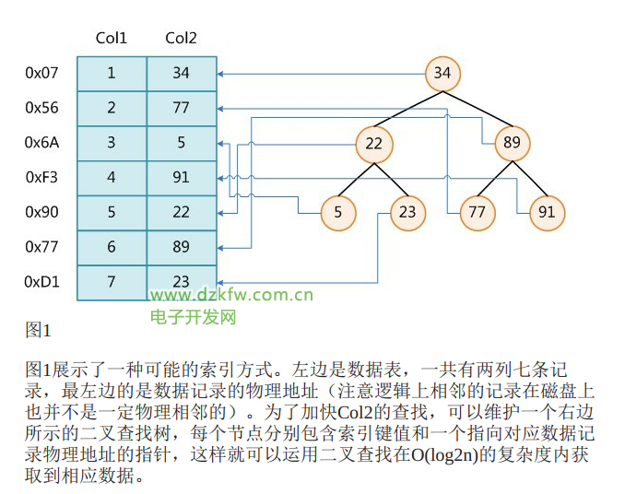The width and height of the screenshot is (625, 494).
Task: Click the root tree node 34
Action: point(442,74)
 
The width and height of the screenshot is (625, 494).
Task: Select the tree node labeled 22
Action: point(373,144)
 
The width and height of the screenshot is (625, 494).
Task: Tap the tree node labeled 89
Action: point(513,144)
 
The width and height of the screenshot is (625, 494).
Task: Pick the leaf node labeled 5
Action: point(338,213)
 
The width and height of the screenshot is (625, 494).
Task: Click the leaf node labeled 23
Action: point(408,213)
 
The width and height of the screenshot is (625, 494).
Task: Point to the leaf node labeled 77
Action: point(478,213)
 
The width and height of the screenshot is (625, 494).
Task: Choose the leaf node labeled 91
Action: point(548,213)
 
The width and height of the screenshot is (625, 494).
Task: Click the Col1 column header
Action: point(112,38)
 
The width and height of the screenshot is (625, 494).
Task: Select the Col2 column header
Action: point(181,38)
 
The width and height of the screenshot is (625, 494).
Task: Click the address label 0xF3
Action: point(41,178)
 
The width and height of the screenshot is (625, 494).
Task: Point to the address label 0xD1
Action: point(41,282)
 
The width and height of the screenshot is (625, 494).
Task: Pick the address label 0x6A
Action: point(41,143)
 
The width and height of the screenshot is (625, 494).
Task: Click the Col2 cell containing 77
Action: point(181,108)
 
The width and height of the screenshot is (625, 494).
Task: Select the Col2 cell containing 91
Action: point(181,178)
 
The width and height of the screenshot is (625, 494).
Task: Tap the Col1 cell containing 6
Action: point(112,247)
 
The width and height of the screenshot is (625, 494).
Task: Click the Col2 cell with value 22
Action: point(181,213)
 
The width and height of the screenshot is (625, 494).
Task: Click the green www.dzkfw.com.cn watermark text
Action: point(231,296)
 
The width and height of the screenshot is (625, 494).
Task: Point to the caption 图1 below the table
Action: point(38,329)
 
